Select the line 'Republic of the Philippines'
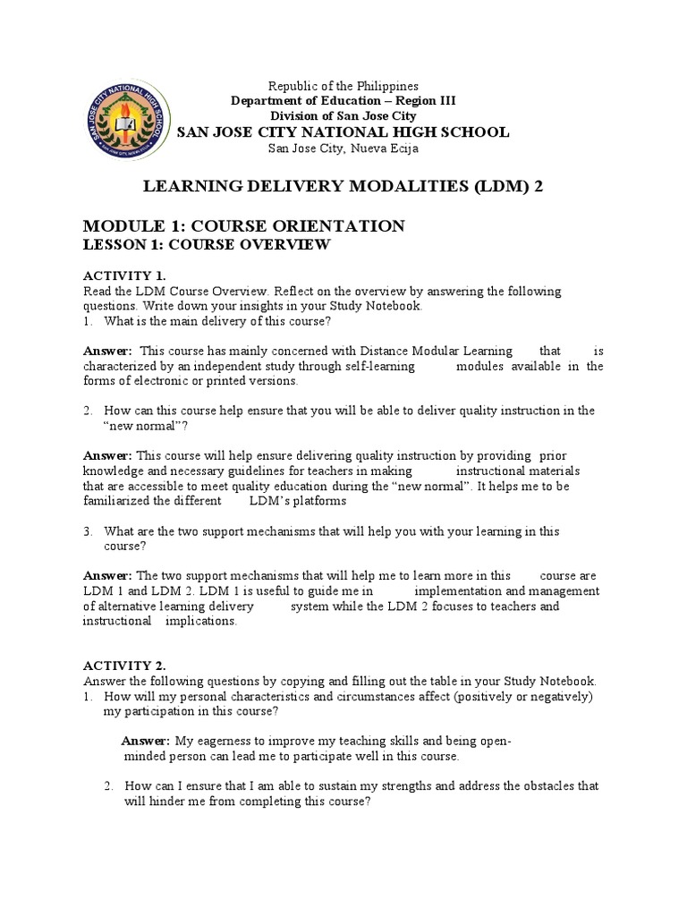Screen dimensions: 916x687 [343, 86]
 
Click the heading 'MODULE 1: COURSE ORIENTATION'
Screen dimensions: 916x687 [243, 225]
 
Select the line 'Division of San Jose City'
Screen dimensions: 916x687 [343, 116]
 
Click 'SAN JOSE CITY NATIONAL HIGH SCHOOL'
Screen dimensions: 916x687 [343, 132]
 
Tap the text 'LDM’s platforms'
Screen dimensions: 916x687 [297, 501]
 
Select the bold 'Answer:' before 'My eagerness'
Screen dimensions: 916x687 [145, 741]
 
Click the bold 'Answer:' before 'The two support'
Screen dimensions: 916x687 [107, 576]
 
